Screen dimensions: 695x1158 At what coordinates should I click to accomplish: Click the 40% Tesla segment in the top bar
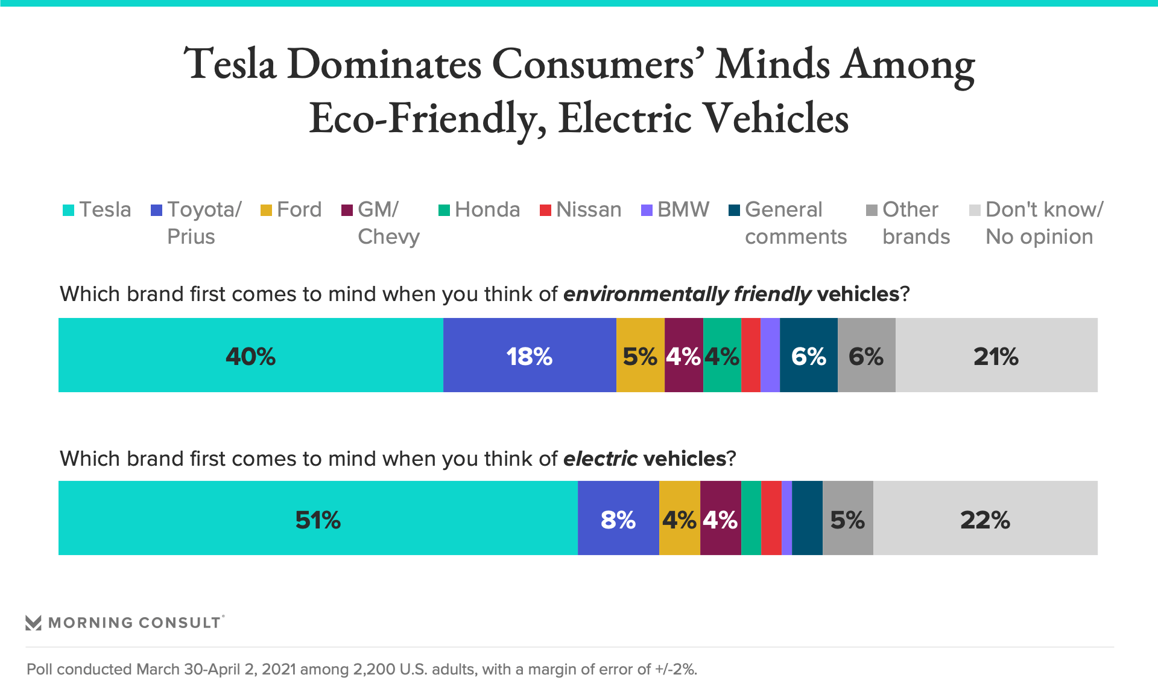(250, 355)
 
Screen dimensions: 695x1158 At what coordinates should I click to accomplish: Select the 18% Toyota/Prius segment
(529, 355)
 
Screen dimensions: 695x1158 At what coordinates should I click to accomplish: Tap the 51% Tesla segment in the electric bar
(318, 518)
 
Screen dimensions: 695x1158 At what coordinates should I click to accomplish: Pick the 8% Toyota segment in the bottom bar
(618, 518)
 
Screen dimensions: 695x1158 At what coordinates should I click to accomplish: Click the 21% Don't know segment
(996, 355)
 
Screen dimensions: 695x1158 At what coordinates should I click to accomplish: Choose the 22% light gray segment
(985, 518)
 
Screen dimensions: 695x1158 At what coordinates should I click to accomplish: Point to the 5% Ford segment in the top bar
(640, 355)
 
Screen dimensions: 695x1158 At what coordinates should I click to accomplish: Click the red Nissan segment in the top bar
(750, 355)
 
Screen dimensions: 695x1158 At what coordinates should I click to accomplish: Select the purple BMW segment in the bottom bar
(786, 518)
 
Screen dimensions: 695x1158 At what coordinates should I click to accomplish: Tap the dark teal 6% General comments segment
(808, 355)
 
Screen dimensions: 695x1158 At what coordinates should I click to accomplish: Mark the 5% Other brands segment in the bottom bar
(847, 518)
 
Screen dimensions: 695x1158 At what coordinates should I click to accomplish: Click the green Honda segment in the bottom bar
(750, 518)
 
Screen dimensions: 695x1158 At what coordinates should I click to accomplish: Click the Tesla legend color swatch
(68, 210)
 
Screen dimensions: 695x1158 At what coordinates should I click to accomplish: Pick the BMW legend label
(683, 210)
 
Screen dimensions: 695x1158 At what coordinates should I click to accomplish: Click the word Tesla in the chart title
(230, 64)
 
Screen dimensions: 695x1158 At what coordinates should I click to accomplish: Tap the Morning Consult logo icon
(34, 623)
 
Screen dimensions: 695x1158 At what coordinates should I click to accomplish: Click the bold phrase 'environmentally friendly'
(687, 294)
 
